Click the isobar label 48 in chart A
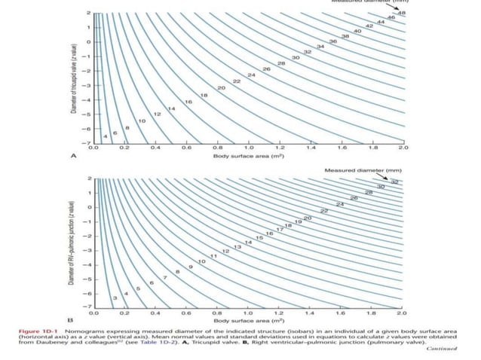click(x=402, y=13)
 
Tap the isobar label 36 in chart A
click(x=332, y=41)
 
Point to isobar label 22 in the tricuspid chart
click(x=236, y=81)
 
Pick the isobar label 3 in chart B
click(x=115, y=300)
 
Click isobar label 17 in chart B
click(x=279, y=229)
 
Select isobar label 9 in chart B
click(x=190, y=267)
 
